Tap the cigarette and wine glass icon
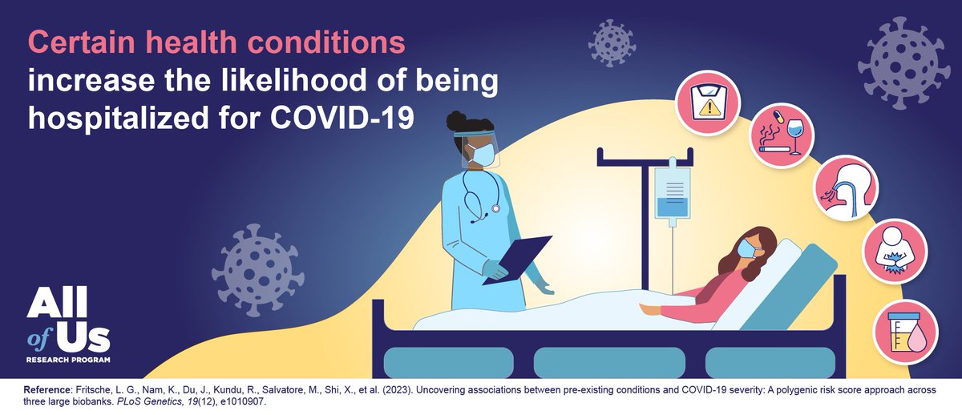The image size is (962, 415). click(781, 141)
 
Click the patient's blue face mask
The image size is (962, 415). click(748, 249)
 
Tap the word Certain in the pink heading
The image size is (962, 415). click(77, 41)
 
